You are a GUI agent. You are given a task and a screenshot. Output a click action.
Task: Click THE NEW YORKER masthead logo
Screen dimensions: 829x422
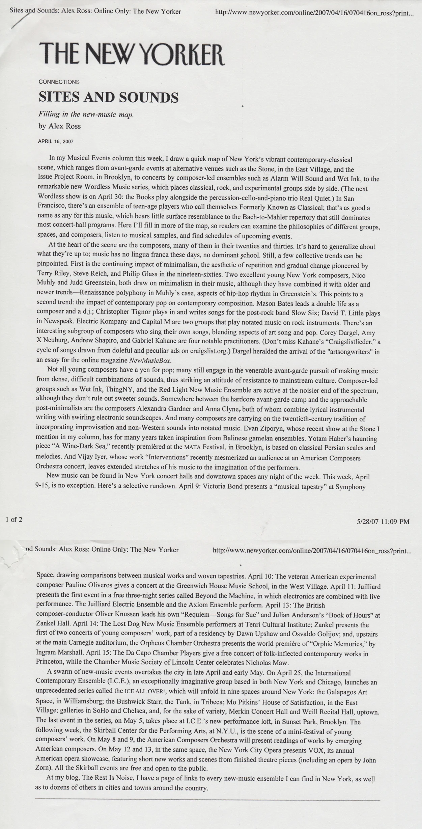click(132, 54)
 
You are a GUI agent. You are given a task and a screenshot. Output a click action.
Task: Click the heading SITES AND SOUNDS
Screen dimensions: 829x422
click(108, 97)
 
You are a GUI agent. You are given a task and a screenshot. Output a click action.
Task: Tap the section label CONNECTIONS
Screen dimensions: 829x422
click(59, 82)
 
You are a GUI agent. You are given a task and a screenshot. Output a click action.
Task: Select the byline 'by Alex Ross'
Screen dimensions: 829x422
click(59, 126)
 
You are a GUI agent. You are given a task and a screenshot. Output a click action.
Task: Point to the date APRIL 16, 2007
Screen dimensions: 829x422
click(56, 142)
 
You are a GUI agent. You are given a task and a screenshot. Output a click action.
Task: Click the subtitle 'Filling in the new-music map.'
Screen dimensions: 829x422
click(86, 114)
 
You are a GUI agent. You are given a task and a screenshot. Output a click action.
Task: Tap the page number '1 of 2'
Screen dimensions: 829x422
click(14, 519)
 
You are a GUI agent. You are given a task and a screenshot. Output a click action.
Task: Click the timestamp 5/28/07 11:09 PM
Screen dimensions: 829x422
click(383, 522)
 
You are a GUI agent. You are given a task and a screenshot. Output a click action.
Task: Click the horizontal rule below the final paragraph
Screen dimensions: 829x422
click(207, 800)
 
